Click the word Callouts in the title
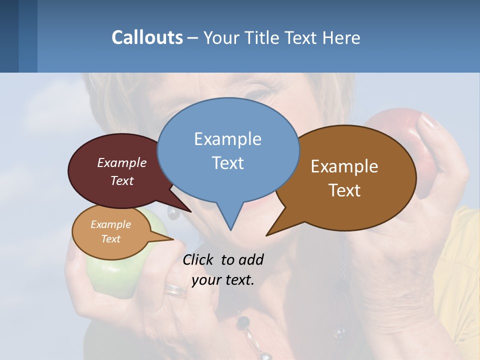tap(147, 37)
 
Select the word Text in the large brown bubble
tap(344, 190)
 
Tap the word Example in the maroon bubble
tap(122, 162)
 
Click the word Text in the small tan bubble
tap(111, 239)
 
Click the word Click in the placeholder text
tap(199, 259)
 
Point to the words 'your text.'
tap(223, 280)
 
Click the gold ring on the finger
tap(175, 289)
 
